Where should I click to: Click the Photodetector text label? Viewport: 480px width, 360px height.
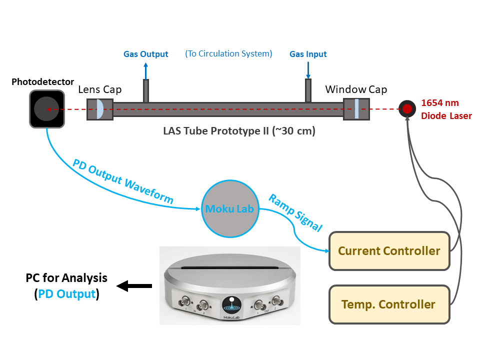click(x=42, y=82)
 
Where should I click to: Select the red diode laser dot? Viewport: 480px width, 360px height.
click(x=407, y=108)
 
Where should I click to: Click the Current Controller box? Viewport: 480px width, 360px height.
click(x=389, y=250)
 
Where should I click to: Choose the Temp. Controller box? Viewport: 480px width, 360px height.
click(x=388, y=304)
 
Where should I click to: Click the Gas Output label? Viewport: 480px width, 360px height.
click(x=146, y=54)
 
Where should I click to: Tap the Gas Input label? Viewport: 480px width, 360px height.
click(x=308, y=54)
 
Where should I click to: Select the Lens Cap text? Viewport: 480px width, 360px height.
click(x=100, y=89)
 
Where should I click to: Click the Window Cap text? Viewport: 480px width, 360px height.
click(x=356, y=89)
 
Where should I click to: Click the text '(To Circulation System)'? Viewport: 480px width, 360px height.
click(x=228, y=53)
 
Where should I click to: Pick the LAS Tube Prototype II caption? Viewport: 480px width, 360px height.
click(x=239, y=131)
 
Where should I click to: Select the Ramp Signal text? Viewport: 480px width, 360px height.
click(x=295, y=212)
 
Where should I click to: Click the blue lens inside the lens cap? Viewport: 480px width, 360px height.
click(x=99, y=109)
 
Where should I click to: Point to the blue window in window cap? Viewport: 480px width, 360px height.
click(x=356, y=109)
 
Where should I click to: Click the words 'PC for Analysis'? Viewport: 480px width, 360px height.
click(x=66, y=278)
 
